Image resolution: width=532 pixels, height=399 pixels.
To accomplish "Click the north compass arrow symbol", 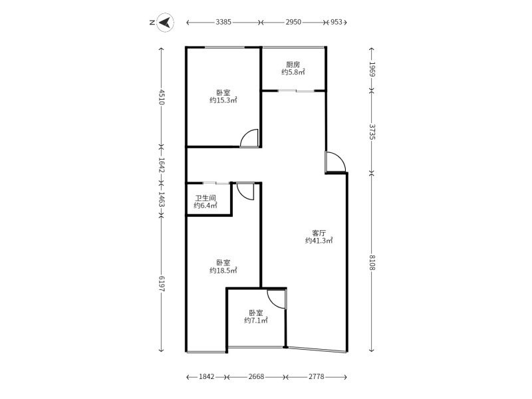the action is pos(166,23).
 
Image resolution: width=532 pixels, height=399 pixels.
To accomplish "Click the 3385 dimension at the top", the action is pos(223,22).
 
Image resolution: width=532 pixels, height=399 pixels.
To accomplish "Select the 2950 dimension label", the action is pos(293,22).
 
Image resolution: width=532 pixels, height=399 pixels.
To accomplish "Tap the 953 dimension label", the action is pos(336,22).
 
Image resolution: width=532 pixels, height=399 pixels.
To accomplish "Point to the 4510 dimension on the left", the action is pos(162,97).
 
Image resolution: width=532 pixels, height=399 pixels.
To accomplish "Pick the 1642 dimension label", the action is pos(162,166).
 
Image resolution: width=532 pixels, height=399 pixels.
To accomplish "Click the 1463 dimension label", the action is pos(162,199).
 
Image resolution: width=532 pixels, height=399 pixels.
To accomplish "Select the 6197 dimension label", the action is pos(162,283).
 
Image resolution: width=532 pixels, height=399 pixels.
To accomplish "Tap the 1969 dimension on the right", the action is pos(372,69).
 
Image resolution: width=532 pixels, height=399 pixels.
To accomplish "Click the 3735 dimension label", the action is pos(372,132).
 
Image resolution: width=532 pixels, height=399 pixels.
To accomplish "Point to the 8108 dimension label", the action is pos(372,262).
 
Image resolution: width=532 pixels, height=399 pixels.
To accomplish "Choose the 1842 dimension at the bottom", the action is pos(207,376).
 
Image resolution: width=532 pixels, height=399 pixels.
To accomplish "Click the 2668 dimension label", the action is pos(256,376).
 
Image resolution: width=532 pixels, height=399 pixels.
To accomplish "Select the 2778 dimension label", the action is pos(317,376).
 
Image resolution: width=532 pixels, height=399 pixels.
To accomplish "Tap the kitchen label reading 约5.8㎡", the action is pos(293,72).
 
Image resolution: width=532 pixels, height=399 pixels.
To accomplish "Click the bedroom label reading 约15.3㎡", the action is pos(223,100).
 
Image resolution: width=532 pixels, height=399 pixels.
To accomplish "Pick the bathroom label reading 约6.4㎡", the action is pos(205,205).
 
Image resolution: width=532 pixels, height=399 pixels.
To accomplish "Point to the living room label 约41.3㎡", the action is pos(319,241).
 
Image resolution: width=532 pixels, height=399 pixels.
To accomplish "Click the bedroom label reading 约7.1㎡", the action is pos(256,321).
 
